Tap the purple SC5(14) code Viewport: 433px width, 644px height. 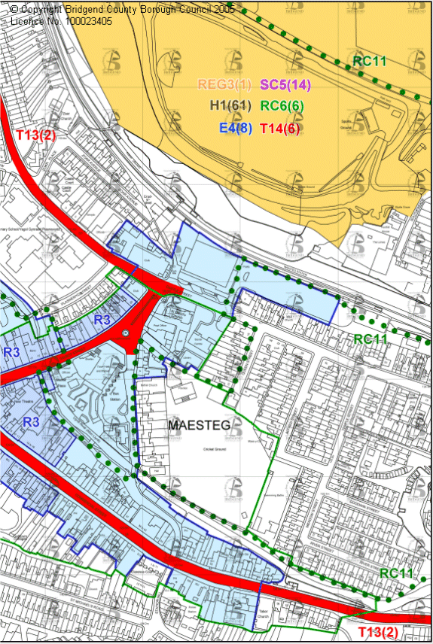tap(285, 85)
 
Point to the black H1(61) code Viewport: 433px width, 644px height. tap(230, 107)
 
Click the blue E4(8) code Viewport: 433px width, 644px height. tap(236, 129)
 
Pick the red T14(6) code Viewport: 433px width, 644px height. tap(279, 129)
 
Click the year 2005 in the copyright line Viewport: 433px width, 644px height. tap(223, 9)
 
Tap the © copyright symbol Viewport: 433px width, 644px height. tap(15, 9)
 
